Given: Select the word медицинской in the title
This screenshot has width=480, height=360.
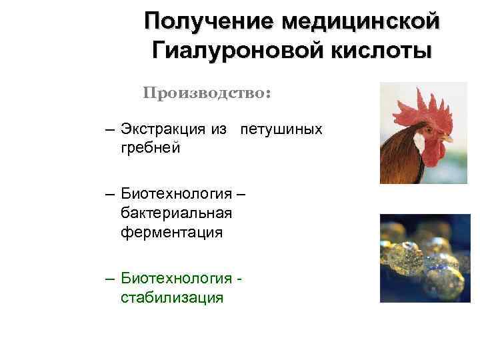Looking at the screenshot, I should coord(361,21).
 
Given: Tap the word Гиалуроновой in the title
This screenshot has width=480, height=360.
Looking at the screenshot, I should coord(228,50).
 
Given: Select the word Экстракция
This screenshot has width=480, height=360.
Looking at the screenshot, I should coord(165,129).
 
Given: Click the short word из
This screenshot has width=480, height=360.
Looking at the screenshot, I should coord(221,129).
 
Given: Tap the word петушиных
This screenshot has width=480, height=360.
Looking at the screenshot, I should coord(281,129).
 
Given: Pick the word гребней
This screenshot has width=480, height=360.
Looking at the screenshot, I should coord(150,147).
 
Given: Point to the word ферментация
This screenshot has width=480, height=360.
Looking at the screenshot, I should coord(172,232).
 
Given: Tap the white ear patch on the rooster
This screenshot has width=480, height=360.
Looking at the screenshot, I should coord(419,142).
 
